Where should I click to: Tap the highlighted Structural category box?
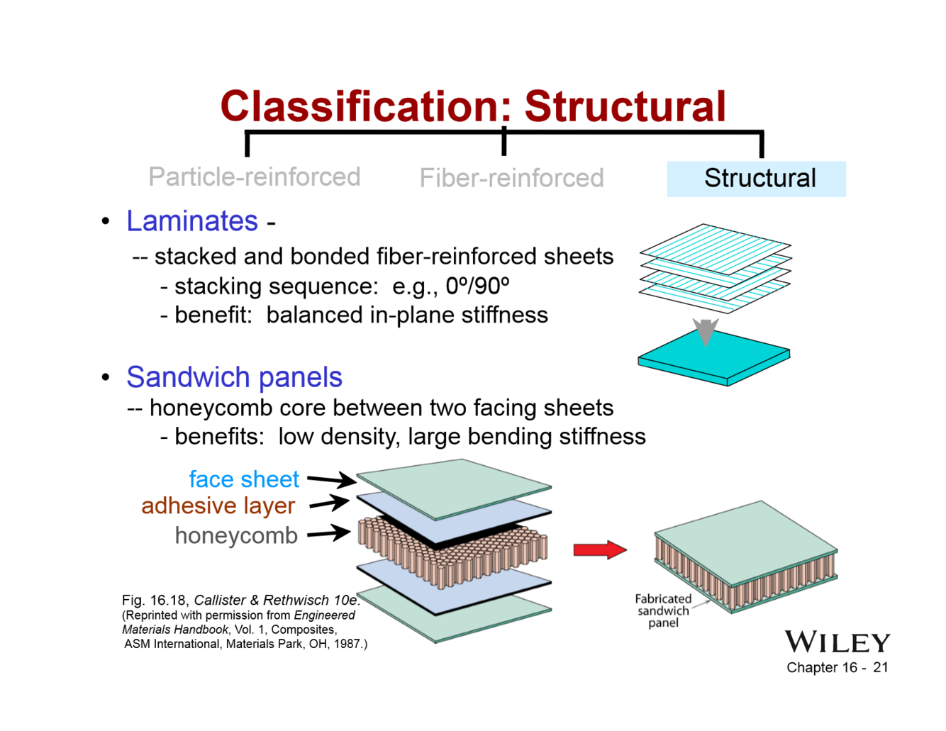(x=756, y=179)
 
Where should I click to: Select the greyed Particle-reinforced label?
(x=254, y=177)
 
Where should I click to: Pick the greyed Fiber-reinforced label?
(x=511, y=178)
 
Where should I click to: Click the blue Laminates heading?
(x=192, y=221)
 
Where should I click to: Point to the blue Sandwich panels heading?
(x=234, y=377)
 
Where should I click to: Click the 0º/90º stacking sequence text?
(x=477, y=286)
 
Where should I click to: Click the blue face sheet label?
(x=243, y=479)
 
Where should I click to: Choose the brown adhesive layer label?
(x=218, y=506)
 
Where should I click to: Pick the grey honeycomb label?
(x=236, y=536)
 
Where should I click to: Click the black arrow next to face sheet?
(x=331, y=480)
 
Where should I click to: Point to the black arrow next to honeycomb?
(x=329, y=533)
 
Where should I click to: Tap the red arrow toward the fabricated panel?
(x=599, y=549)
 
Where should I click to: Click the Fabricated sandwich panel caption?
(x=663, y=610)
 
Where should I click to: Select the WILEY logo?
(x=837, y=642)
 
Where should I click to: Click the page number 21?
(x=880, y=667)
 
